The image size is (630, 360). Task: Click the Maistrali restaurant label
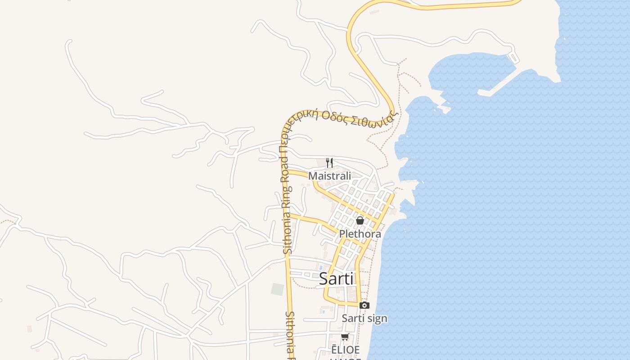click(x=329, y=176)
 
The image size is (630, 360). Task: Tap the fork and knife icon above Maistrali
click(x=329, y=162)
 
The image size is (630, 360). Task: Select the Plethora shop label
click(x=360, y=234)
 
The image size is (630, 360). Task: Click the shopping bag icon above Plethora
click(x=360, y=220)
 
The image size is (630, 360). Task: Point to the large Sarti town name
click(x=336, y=279)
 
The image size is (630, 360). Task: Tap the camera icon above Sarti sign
click(x=364, y=306)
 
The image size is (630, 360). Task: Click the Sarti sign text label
click(x=364, y=319)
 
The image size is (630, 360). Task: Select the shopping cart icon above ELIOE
click(x=345, y=337)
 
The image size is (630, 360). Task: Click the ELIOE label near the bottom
click(x=346, y=350)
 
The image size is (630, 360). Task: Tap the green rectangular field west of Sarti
click(x=278, y=289)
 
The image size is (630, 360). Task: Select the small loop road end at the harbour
click(x=513, y=58)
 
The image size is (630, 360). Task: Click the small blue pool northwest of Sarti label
click(x=321, y=267)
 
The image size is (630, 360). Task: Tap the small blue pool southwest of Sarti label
click(x=323, y=310)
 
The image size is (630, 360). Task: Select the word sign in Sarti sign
click(x=377, y=319)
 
